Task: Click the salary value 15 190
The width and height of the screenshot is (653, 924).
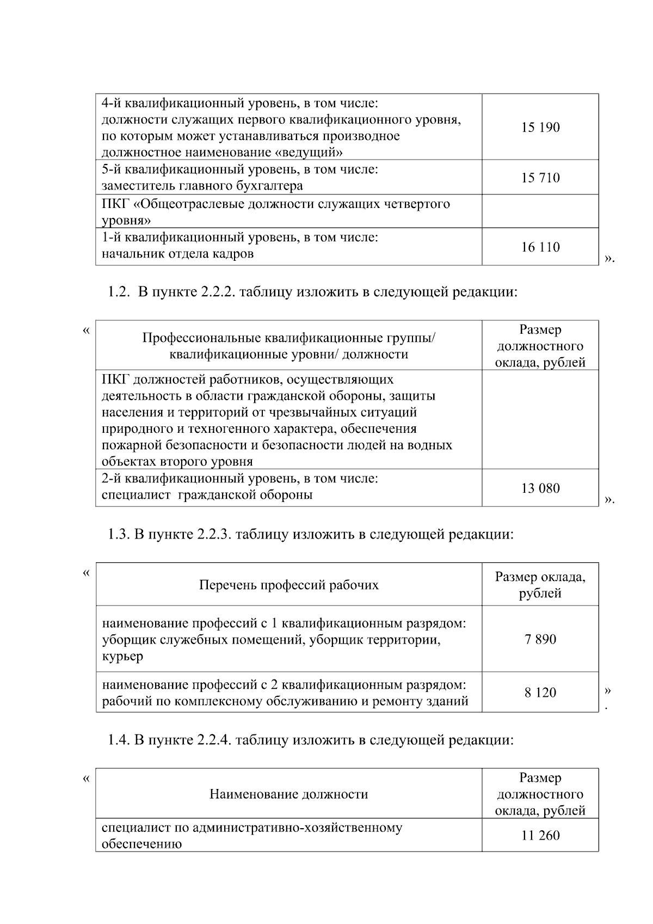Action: coord(540,127)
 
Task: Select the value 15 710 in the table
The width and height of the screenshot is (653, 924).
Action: coord(540,178)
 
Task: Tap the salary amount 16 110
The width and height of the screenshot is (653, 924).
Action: coord(540,247)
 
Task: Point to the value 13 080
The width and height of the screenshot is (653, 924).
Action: coord(540,488)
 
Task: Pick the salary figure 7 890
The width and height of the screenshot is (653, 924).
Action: coord(540,639)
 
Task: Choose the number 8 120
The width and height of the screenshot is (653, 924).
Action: coord(540,693)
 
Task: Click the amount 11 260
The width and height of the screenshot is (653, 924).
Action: coord(540,836)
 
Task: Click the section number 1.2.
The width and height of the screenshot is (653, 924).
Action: coord(116,292)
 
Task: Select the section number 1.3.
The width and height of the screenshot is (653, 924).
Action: coord(116,534)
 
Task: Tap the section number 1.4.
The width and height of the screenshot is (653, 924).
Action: coord(116,740)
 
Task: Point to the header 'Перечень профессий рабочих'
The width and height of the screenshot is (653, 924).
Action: coord(288,585)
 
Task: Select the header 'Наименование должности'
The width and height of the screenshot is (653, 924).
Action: coord(288,794)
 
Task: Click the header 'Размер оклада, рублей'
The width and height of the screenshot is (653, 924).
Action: coord(540,585)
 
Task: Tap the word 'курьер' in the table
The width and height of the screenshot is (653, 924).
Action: coord(122,656)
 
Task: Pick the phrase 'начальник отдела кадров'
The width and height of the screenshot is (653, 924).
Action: coord(177,254)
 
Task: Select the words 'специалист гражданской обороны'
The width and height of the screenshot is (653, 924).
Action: coord(207,495)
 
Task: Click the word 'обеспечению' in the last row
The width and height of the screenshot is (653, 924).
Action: coord(141,845)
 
